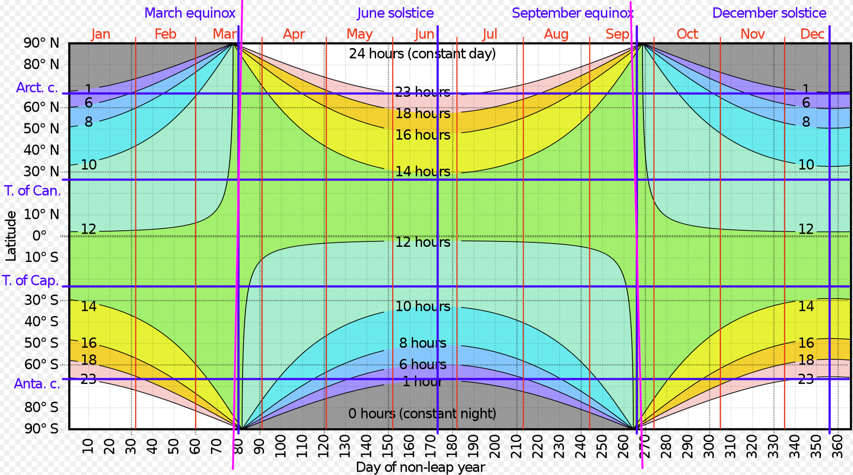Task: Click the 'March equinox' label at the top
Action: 190,13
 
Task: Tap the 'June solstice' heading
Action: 395,13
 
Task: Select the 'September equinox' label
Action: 572,13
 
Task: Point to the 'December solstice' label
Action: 769,13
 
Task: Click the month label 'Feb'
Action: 165,34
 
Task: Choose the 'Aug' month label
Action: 556,34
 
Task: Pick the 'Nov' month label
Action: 752,34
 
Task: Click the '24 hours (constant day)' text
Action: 422,54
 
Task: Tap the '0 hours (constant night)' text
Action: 422,414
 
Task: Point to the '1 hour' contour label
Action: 422,382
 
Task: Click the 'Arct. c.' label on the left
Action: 37,87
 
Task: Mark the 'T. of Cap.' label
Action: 31,280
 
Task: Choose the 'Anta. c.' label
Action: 37,384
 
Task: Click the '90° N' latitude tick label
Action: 42,43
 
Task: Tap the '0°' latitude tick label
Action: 39,235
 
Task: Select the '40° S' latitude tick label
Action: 42,322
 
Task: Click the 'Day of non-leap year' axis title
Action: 420,467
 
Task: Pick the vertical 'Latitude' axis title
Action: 11,235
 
